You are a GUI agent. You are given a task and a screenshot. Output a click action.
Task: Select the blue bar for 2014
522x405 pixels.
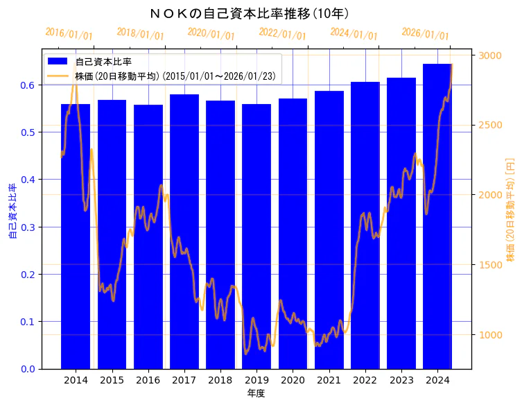[76, 236]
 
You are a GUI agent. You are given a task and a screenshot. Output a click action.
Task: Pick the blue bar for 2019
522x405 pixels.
[256, 236]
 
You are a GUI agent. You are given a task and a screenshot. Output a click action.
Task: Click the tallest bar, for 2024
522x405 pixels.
[437, 216]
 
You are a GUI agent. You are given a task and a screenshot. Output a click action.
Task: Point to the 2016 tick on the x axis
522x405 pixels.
[148, 381]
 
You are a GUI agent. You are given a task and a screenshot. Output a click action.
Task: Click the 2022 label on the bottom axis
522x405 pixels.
[365, 381]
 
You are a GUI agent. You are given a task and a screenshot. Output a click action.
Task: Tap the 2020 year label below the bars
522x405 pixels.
[293, 381]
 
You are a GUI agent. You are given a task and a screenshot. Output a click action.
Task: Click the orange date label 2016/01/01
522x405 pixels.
[69, 33]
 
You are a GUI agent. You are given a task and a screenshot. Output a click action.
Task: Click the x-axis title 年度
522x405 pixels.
[256, 393]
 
